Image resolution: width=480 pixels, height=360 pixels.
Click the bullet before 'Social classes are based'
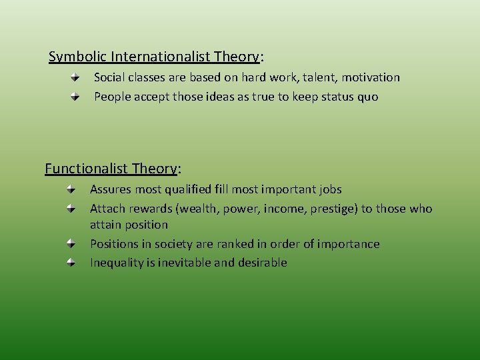tap(76, 77)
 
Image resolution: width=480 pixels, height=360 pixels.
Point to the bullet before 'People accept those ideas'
tap(76, 97)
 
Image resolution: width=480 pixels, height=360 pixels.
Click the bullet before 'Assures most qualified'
tap(72, 189)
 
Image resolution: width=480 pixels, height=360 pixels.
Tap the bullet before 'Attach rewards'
tap(72, 209)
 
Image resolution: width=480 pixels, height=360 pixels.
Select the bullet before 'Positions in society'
tap(72, 243)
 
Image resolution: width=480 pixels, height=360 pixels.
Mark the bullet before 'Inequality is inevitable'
tap(72, 263)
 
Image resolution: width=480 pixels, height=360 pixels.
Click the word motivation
tap(370, 77)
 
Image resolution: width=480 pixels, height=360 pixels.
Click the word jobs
tap(329, 189)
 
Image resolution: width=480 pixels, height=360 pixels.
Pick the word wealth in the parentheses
tap(199, 209)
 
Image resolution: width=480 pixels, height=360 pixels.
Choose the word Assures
tap(111, 189)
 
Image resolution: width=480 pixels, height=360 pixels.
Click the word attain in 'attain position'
tap(105, 225)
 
